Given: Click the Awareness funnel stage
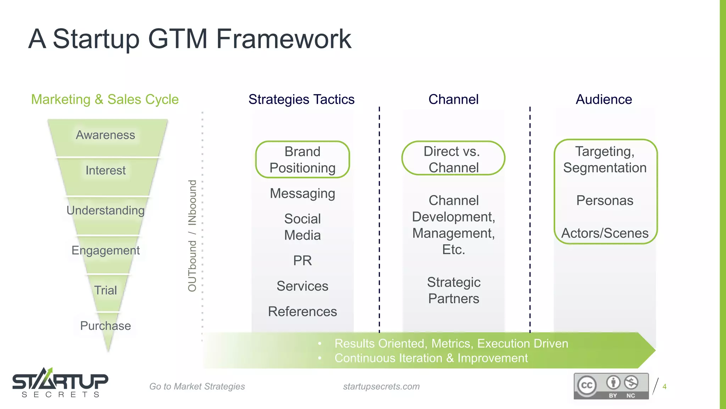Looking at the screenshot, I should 106,135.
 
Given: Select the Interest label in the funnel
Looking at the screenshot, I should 106,170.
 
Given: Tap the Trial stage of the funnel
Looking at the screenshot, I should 106,290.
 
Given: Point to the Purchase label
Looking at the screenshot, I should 106,326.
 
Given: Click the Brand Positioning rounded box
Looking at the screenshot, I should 302,160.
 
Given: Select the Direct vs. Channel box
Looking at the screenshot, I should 453,159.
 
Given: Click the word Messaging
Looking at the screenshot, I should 302,194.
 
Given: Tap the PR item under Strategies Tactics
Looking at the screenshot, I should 302,261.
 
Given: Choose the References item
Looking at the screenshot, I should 302,312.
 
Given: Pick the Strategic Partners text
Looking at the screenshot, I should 453,290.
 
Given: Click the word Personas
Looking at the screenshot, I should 605,201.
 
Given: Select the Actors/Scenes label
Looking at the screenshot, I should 605,233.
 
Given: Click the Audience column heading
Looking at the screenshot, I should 604,99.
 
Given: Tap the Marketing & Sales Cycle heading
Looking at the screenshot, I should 105,99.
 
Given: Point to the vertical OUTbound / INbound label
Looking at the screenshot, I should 192,236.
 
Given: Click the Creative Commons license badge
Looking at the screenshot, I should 611,386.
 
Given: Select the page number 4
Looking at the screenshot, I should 664,387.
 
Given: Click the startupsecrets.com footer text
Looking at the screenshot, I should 381,387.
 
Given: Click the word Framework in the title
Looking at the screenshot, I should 284,39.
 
